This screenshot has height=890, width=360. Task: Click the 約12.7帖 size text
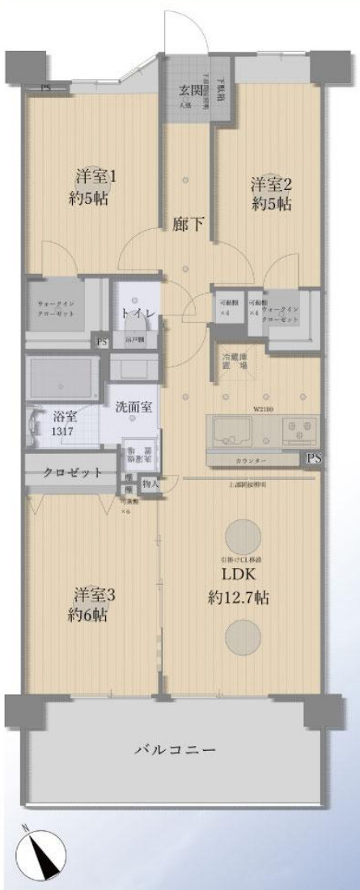[236, 598]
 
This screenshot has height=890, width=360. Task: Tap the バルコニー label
[175, 750]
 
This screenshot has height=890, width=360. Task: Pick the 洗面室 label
[132, 405]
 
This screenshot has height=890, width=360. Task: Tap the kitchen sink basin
[234, 430]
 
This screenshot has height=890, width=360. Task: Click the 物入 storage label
[150, 483]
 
